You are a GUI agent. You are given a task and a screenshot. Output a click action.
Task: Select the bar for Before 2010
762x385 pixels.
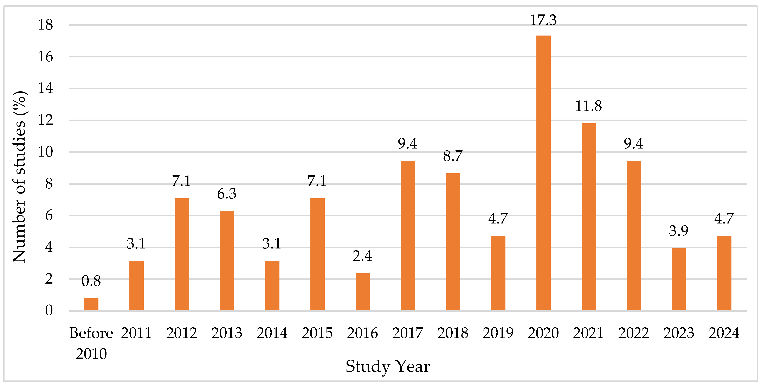(x=91, y=304)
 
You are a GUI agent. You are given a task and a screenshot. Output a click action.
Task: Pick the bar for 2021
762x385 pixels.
(x=588, y=217)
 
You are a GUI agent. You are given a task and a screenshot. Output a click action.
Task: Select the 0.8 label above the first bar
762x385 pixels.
(x=91, y=281)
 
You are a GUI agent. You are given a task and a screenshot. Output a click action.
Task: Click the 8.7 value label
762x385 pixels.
(x=453, y=156)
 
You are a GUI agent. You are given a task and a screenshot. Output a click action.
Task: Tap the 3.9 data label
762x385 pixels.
(x=679, y=231)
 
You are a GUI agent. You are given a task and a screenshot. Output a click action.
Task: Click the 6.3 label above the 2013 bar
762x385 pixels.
(x=227, y=194)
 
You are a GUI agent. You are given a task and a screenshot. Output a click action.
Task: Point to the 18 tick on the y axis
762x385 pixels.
(x=45, y=25)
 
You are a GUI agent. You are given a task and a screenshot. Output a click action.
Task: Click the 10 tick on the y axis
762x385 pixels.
(x=45, y=152)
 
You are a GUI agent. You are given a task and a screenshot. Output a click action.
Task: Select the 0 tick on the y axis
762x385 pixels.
(x=49, y=311)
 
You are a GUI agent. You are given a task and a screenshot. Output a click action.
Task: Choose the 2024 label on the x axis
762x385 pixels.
(x=724, y=333)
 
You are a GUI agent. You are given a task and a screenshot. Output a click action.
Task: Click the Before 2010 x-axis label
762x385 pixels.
(x=91, y=343)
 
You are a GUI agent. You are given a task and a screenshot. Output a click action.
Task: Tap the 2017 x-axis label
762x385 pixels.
(x=408, y=333)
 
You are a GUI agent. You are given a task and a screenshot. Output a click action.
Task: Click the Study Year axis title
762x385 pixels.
(x=388, y=366)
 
